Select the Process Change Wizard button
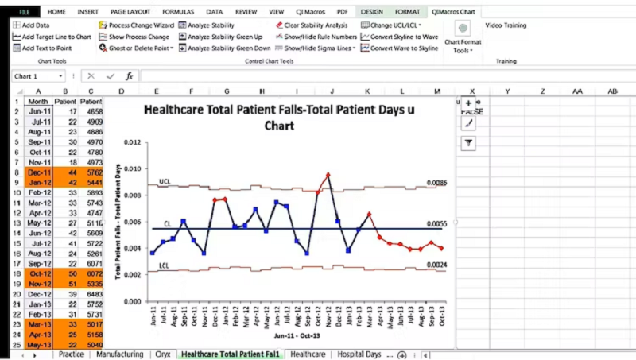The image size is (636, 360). tap(136, 25)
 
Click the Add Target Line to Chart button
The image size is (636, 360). tap(52, 37)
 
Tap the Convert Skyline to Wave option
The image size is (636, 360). tap(399, 37)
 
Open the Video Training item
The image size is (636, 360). tap(506, 25)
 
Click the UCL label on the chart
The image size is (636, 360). tap(165, 182)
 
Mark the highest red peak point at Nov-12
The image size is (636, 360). tap(328, 175)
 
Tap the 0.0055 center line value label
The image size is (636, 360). tap(436, 225)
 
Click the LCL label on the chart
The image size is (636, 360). tap(164, 265)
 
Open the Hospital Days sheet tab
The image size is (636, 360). tap(359, 354)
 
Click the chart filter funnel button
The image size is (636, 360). tap(469, 143)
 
